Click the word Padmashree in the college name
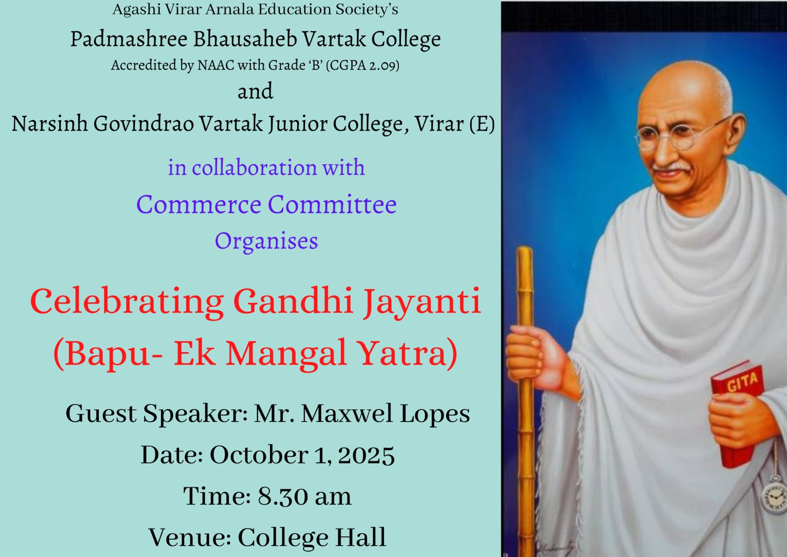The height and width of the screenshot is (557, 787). [128, 39]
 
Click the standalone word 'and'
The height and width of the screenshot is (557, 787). [255, 91]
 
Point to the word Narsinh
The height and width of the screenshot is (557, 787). [50, 124]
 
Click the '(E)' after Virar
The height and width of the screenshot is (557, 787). [483, 124]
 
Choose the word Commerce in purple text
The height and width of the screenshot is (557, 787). [199, 204]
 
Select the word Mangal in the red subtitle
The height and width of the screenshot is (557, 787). [286, 353]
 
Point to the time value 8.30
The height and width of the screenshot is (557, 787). [283, 496]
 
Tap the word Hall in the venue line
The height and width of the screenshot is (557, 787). [361, 537]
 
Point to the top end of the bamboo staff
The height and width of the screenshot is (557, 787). [524, 249]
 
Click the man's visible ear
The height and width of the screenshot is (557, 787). [737, 132]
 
